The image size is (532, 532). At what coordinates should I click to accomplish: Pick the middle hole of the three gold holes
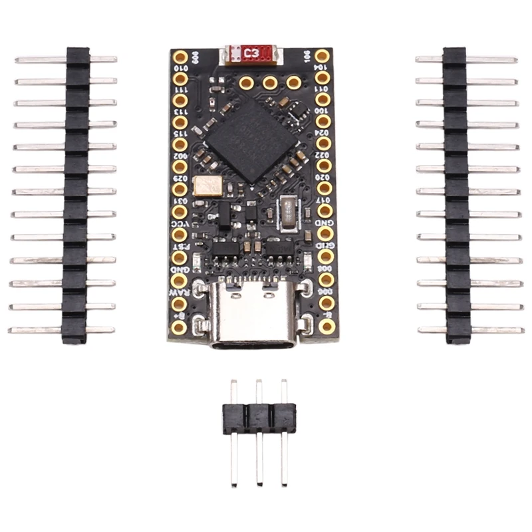click(x=270, y=82)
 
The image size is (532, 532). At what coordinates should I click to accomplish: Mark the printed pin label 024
click(x=307, y=142)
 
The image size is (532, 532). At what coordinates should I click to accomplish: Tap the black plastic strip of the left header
click(x=76, y=193)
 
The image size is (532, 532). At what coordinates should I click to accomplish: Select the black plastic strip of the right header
click(x=456, y=193)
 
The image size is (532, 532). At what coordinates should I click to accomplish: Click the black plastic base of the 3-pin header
click(x=259, y=415)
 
